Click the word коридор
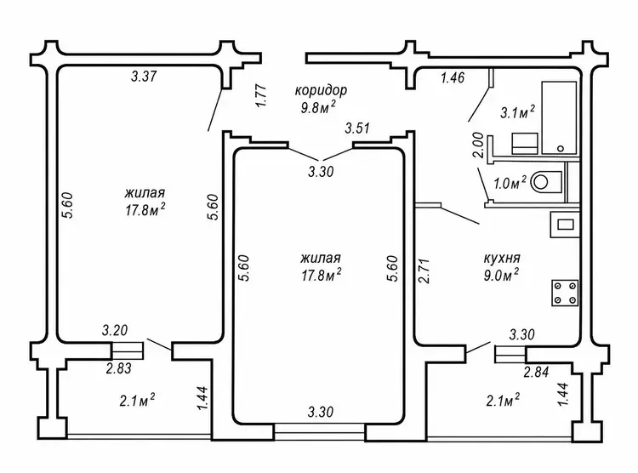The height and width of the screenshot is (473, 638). [321, 90]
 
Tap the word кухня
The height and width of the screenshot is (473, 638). [502, 258]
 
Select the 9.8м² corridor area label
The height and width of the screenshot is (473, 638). [318, 108]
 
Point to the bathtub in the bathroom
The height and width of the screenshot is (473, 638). [559, 117]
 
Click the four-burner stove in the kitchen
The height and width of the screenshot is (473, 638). [565, 293]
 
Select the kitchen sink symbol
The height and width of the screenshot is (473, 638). [565, 225]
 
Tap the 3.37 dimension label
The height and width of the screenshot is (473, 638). [144, 76]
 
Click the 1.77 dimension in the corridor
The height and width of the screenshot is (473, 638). [261, 95]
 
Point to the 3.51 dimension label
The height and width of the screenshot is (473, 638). [357, 128]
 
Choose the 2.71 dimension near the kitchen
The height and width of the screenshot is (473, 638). [424, 271]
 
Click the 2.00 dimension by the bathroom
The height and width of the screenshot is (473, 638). [478, 145]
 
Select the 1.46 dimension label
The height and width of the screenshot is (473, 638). [453, 77]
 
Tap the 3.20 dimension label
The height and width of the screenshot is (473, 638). [115, 330]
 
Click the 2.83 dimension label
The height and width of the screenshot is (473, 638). [119, 369]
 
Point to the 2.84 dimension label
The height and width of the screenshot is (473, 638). [536, 372]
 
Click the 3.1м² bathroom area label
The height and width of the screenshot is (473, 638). [517, 112]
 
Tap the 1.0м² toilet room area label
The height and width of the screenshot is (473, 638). [510, 183]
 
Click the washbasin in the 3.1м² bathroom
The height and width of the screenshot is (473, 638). [525, 143]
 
